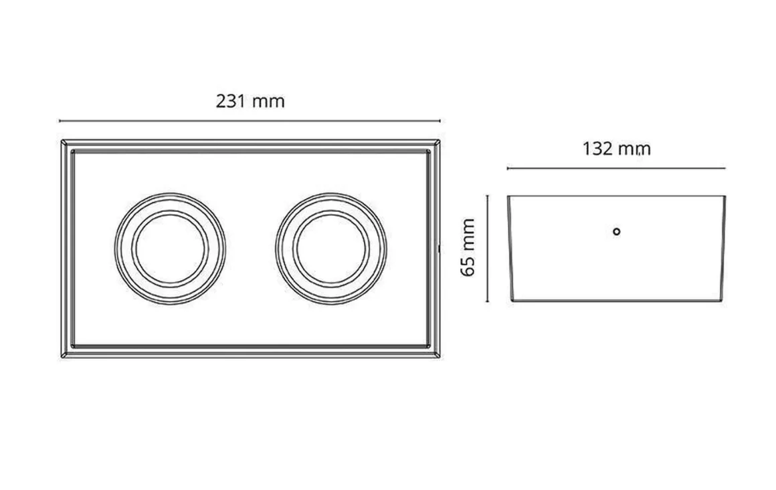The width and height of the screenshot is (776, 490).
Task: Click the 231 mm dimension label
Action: point(250,102)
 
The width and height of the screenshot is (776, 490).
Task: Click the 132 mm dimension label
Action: point(616,148)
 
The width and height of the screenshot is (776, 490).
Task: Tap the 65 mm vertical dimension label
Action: point(468,247)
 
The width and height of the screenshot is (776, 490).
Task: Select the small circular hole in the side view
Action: point(617,231)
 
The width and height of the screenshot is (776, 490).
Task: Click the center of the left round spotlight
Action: point(170,248)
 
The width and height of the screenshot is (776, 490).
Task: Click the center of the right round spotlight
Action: point(330,248)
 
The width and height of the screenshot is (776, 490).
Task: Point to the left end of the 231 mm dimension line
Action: point(60,121)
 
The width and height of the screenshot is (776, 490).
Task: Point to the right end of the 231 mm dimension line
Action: point(440,121)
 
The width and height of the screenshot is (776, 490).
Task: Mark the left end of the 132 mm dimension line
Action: point(508,168)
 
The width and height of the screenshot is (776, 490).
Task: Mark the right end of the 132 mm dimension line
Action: point(725,168)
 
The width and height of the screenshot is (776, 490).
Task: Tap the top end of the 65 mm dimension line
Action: point(488,195)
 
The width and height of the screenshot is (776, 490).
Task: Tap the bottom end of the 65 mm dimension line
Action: point(488,301)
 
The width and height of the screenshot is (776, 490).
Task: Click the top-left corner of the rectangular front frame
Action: point(62,140)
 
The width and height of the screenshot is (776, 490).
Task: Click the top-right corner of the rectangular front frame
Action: point(440,140)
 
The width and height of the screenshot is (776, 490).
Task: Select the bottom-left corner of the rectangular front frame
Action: point(62,358)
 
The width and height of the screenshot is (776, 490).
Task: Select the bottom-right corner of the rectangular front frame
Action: point(440,358)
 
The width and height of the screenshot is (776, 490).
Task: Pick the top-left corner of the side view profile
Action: point(508,196)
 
